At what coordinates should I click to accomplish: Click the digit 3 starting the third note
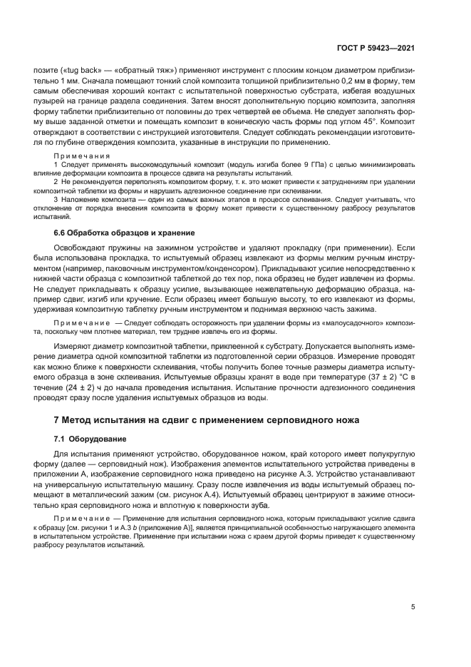click(x=57, y=201)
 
